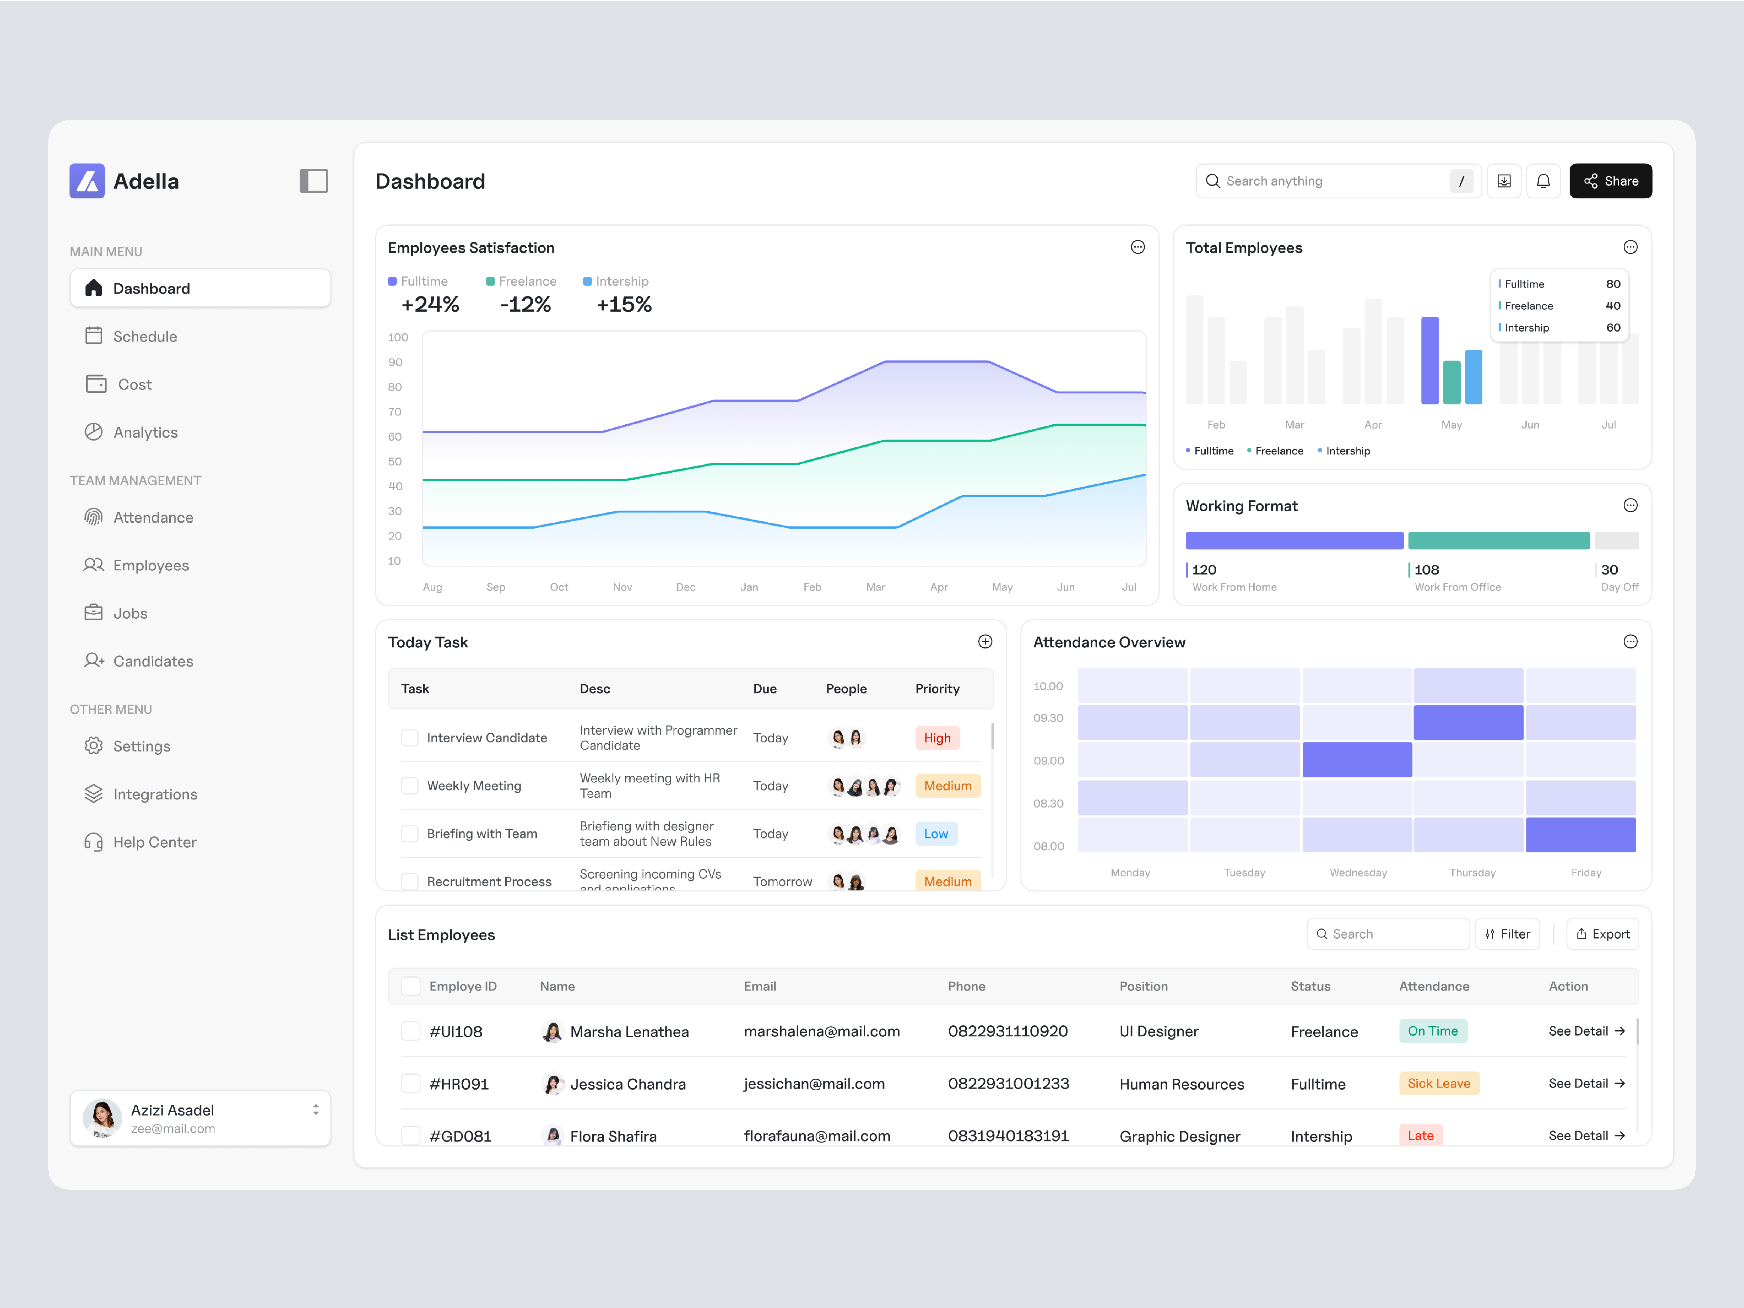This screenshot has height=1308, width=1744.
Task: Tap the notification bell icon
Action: pos(1543,181)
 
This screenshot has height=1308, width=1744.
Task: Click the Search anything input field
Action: pos(1333,181)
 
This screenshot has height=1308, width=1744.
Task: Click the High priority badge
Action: pos(937,738)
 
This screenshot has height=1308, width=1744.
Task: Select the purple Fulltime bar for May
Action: pos(1430,361)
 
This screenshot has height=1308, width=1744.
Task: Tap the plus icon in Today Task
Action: pos(985,642)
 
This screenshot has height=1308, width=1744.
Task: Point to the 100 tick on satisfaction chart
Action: pos(398,338)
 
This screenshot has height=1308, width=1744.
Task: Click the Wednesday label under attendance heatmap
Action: pos(1358,873)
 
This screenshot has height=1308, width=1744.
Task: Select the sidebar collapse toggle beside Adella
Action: pos(314,181)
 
